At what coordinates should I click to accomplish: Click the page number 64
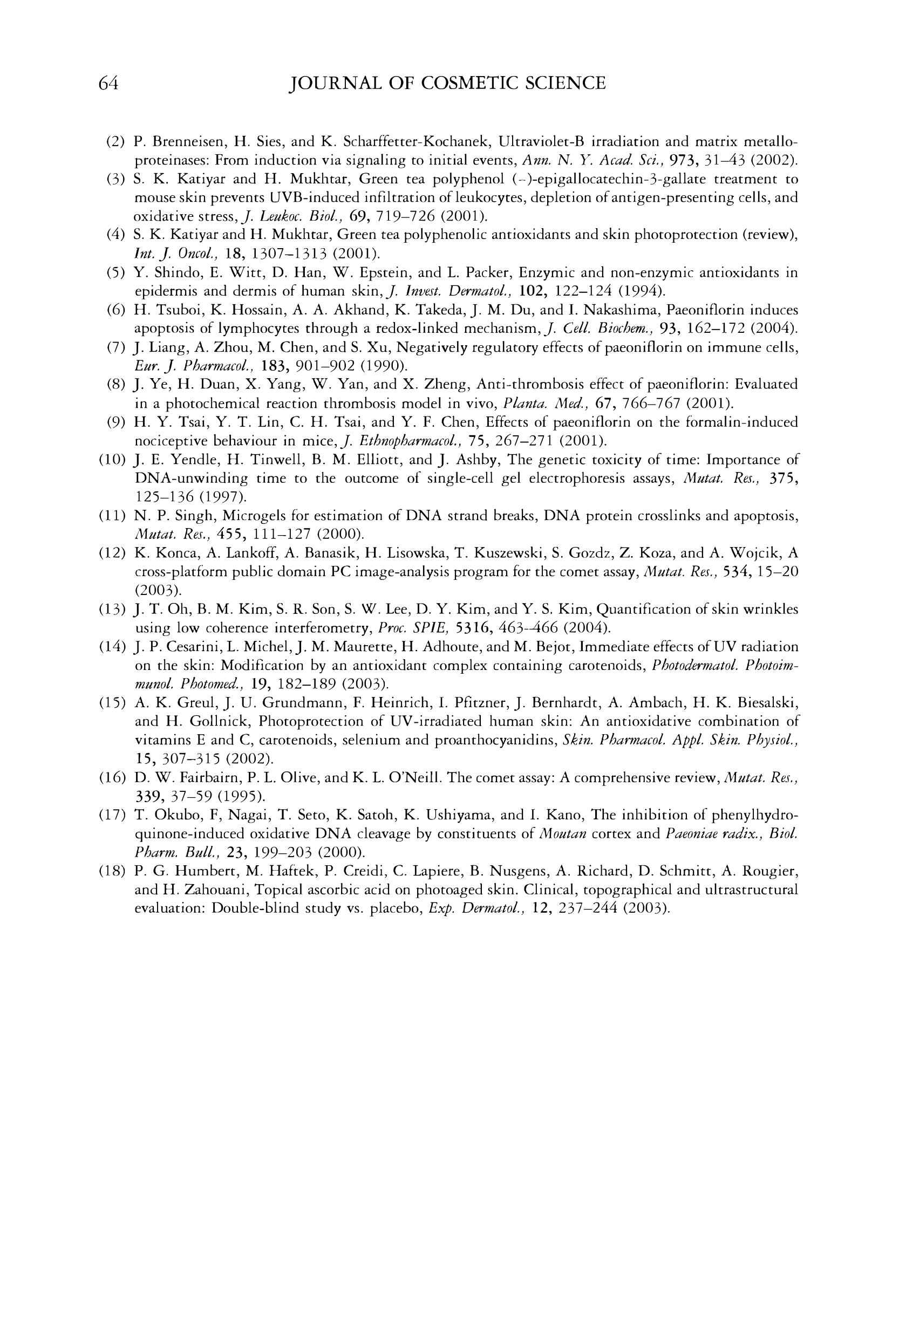[108, 84]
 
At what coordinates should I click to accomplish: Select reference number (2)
[116, 141]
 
